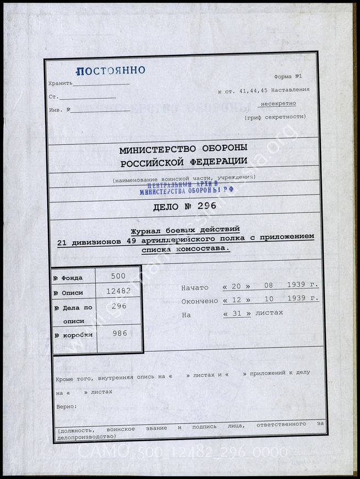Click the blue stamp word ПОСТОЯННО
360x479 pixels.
click(110, 71)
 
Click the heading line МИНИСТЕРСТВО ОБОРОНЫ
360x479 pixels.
click(183, 148)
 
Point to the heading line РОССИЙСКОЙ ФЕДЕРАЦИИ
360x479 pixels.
click(183, 161)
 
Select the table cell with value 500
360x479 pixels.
click(118, 276)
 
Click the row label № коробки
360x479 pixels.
click(73, 335)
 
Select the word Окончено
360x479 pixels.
click(200, 301)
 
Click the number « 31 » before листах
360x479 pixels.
click(237, 313)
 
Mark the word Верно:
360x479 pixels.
click(66, 407)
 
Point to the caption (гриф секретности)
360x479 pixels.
click(275, 117)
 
